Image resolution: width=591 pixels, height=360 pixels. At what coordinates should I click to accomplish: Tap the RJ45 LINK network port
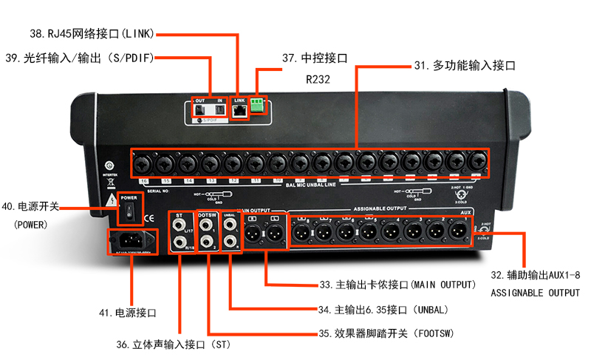click(239, 110)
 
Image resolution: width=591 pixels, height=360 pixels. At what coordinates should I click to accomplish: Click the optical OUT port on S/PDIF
click(200, 111)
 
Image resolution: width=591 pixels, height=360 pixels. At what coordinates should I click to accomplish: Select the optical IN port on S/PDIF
click(219, 111)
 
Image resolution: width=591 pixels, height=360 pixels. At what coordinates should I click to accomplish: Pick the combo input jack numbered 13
click(211, 161)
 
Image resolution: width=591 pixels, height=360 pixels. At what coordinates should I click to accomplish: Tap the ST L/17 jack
click(180, 222)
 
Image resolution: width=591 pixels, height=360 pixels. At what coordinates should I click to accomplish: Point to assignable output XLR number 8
click(301, 233)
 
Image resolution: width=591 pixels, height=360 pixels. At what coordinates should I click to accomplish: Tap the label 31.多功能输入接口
click(464, 66)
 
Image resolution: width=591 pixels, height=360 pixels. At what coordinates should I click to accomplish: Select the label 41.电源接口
click(127, 313)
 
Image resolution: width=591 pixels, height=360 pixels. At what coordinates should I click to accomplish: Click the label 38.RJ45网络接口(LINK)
click(89, 33)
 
